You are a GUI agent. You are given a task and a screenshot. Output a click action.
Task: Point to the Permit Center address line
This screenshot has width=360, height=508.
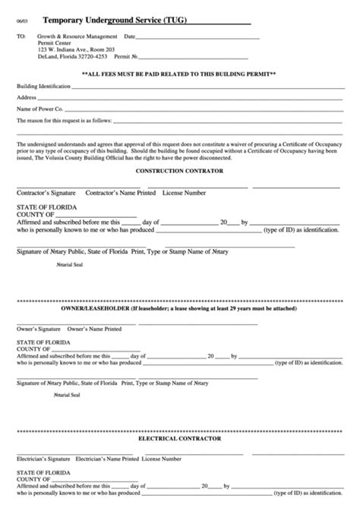tap(52, 43)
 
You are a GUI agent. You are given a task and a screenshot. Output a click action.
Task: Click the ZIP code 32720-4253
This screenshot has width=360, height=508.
tap(93, 55)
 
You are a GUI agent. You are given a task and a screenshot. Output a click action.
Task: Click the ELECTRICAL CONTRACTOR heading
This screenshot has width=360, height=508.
tap(179, 439)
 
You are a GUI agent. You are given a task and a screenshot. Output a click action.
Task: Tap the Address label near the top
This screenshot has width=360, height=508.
tap(27, 99)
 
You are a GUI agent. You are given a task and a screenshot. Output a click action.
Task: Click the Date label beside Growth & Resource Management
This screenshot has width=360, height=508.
tap(129, 36)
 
